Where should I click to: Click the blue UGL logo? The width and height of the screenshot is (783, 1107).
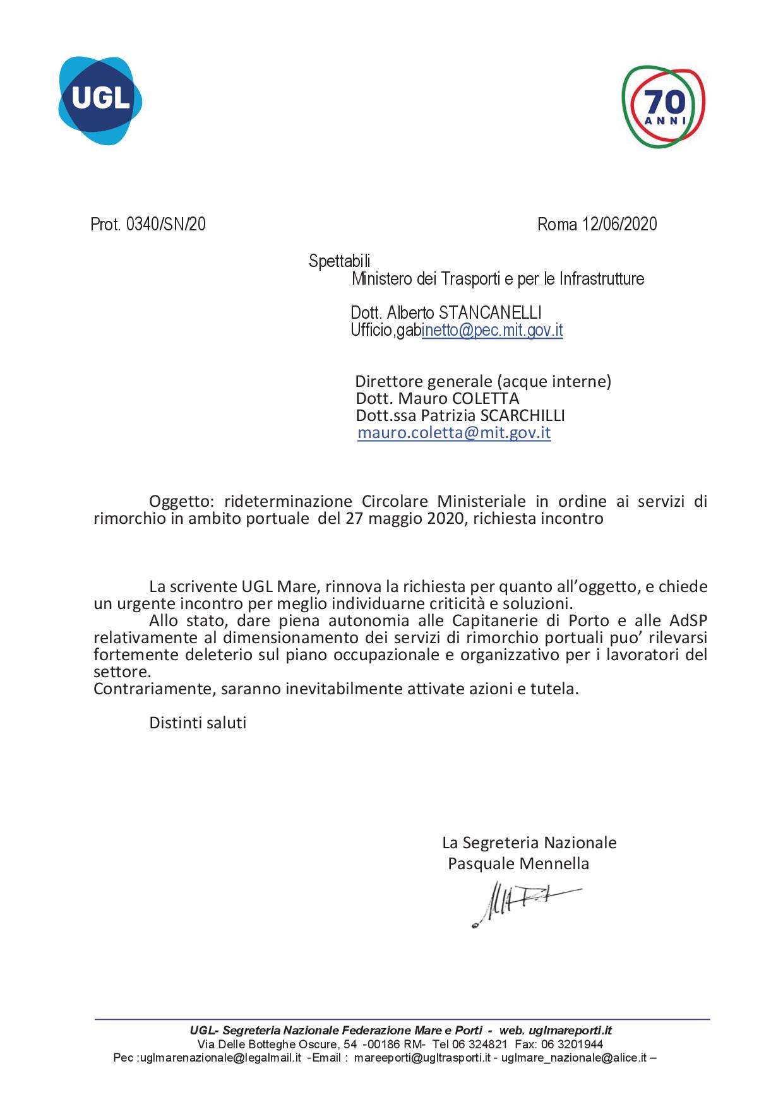point(100,100)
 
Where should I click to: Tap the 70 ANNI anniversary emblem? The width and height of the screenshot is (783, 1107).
point(663,106)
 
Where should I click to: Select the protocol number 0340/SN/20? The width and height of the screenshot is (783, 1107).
point(165,224)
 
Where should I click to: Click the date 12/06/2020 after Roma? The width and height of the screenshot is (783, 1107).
point(619,224)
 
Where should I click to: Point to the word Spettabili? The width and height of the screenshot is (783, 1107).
point(339,261)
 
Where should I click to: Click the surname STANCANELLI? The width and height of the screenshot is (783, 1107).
point(490,312)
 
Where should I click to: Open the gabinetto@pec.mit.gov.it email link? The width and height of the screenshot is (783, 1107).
point(492,330)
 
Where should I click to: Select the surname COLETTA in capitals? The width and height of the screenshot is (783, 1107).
point(485,399)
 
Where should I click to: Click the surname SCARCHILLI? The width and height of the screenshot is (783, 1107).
point(522,416)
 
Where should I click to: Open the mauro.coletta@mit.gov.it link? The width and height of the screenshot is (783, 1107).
point(454,433)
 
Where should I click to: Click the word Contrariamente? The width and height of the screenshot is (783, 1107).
point(154,689)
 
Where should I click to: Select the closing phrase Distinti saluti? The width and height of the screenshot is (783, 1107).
point(198,723)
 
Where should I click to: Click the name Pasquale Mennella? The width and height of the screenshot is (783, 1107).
point(518,863)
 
